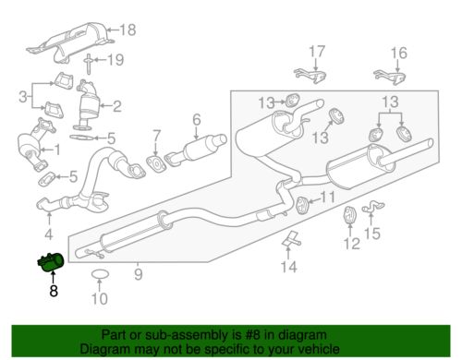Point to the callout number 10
[102, 298]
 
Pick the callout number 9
[138, 272]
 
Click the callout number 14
[289, 267]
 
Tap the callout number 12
[350, 244]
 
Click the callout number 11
[328, 197]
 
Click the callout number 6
[196, 119]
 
